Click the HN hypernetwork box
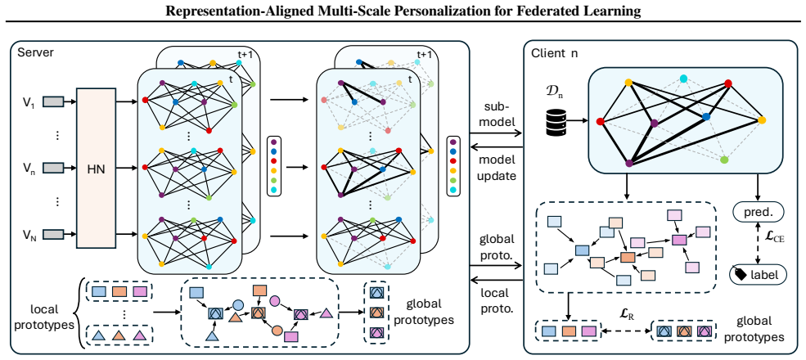pyautogui.click(x=96, y=169)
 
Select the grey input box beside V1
pyautogui.click(x=53, y=102)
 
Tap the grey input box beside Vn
pyautogui.click(x=53, y=168)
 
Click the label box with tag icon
pyautogui.click(x=759, y=273)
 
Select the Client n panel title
pyautogui.click(x=554, y=52)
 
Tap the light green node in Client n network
pyautogui.click(x=725, y=160)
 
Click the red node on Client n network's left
pyautogui.click(x=600, y=122)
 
